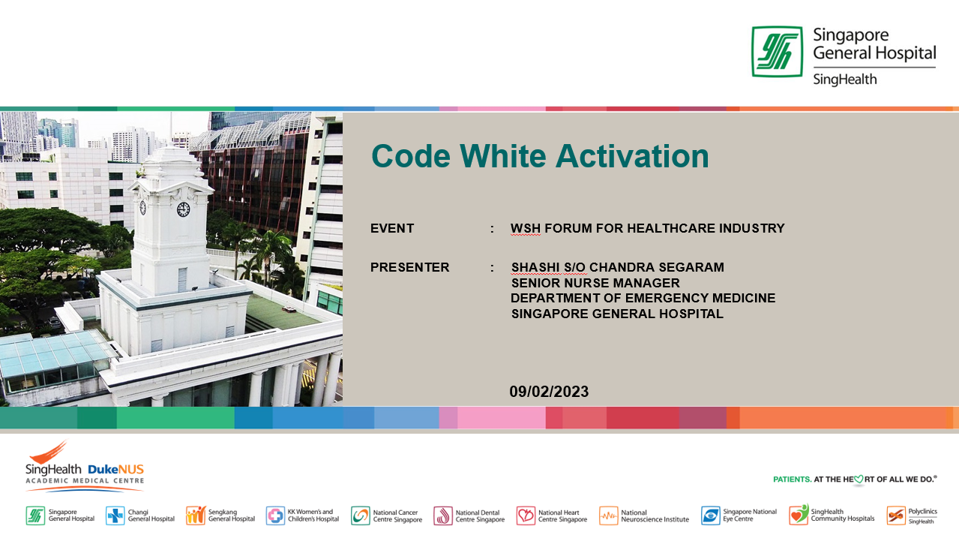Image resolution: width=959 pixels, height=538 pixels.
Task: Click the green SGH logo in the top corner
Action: [x=777, y=52]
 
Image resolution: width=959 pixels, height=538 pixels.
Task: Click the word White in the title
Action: [x=503, y=156]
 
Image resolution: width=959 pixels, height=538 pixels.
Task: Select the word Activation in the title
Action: [x=632, y=156]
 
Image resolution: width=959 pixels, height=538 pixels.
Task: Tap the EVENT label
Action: [x=392, y=228]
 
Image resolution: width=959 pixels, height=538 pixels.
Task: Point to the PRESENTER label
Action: [x=409, y=267]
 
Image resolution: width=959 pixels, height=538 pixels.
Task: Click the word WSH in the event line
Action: [x=526, y=228]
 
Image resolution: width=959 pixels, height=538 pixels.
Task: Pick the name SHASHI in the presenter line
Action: [x=535, y=267]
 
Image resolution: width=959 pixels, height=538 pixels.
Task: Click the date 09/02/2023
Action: [x=549, y=392]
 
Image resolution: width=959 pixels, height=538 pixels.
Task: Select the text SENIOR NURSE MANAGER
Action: [x=595, y=283]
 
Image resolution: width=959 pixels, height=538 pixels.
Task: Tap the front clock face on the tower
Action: [x=183, y=209]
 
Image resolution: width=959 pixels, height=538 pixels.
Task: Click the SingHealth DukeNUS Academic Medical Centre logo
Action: [x=85, y=466]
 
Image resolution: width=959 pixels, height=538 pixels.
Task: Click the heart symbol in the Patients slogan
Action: [x=859, y=479]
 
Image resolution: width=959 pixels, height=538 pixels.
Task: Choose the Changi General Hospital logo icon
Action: [x=115, y=515]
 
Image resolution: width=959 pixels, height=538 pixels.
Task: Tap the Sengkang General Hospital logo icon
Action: [x=196, y=515]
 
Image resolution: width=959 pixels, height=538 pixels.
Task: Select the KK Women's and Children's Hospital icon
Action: [x=275, y=515]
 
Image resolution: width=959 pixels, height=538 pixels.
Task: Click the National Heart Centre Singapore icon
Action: [x=526, y=515]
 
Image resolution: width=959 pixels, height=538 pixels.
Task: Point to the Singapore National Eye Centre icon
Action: [x=711, y=515]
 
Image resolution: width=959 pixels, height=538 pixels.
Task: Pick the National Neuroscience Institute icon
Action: [x=608, y=515]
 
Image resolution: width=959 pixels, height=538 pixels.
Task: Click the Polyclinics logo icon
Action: [x=896, y=515]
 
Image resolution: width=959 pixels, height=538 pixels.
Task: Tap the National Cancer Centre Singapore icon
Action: [x=361, y=515]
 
